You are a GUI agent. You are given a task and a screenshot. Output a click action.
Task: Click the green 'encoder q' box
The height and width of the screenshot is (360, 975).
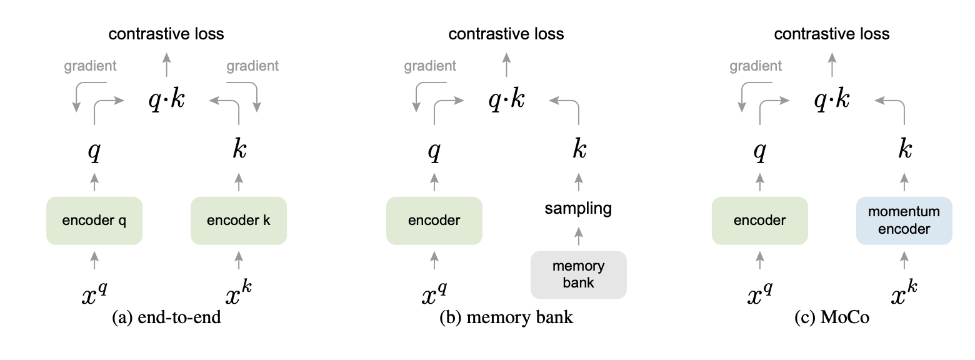click(94, 221)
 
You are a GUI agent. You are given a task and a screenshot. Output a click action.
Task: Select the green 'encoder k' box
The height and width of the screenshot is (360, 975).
click(238, 221)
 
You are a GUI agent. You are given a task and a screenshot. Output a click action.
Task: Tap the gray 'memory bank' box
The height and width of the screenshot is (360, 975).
click(578, 274)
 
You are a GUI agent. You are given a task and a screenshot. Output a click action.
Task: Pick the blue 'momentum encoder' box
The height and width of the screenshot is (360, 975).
click(904, 221)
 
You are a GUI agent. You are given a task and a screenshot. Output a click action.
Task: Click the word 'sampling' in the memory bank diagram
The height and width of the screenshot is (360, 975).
click(578, 208)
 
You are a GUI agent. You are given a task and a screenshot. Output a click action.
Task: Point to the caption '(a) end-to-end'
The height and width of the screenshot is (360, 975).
click(166, 318)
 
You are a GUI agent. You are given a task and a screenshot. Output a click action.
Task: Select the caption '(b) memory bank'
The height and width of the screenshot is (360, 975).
click(506, 318)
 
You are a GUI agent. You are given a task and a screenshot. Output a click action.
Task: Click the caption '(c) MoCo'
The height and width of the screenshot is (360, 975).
click(832, 318)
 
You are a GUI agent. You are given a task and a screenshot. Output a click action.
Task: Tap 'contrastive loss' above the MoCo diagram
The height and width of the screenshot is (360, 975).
click(832, 34)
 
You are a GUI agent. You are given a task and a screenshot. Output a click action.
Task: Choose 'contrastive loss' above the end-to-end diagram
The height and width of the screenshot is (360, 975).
click(166, 34)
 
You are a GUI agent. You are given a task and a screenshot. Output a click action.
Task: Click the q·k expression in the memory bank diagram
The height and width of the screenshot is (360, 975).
click(506, 99)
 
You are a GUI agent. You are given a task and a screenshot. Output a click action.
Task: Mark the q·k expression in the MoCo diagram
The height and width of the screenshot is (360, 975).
click(832, 99)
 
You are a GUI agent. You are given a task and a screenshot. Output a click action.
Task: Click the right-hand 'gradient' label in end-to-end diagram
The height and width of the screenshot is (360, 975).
click(252, 66)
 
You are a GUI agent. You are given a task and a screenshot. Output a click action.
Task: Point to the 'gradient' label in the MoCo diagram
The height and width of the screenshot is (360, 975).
click(756, 66)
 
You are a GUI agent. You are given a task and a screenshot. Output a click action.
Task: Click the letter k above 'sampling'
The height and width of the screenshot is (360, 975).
click(579, 150)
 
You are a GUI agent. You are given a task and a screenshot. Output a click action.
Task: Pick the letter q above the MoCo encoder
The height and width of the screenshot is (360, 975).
click(760, 151)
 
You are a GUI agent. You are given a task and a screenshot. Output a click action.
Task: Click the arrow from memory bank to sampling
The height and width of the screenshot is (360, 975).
click(579, 237)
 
